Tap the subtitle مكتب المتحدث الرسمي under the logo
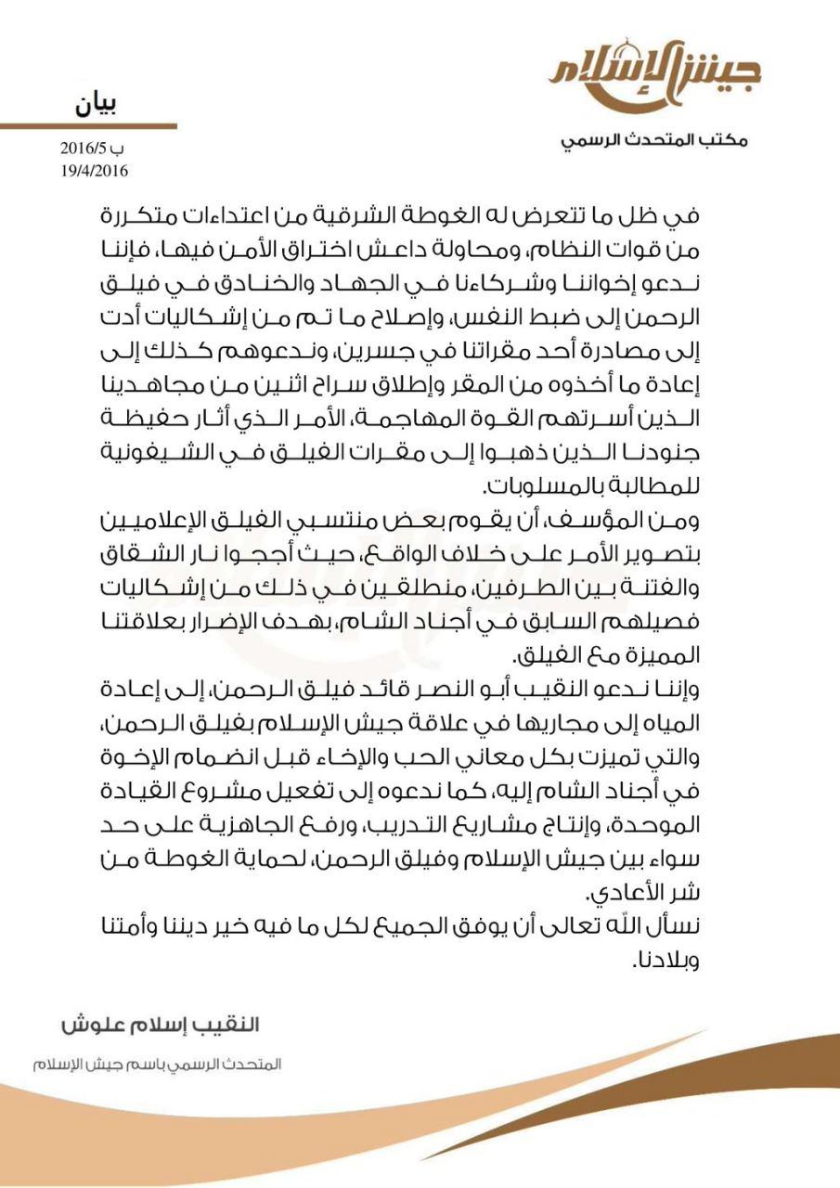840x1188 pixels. [x=655, y=140]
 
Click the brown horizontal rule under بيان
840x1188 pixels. [x=88, y=125]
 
